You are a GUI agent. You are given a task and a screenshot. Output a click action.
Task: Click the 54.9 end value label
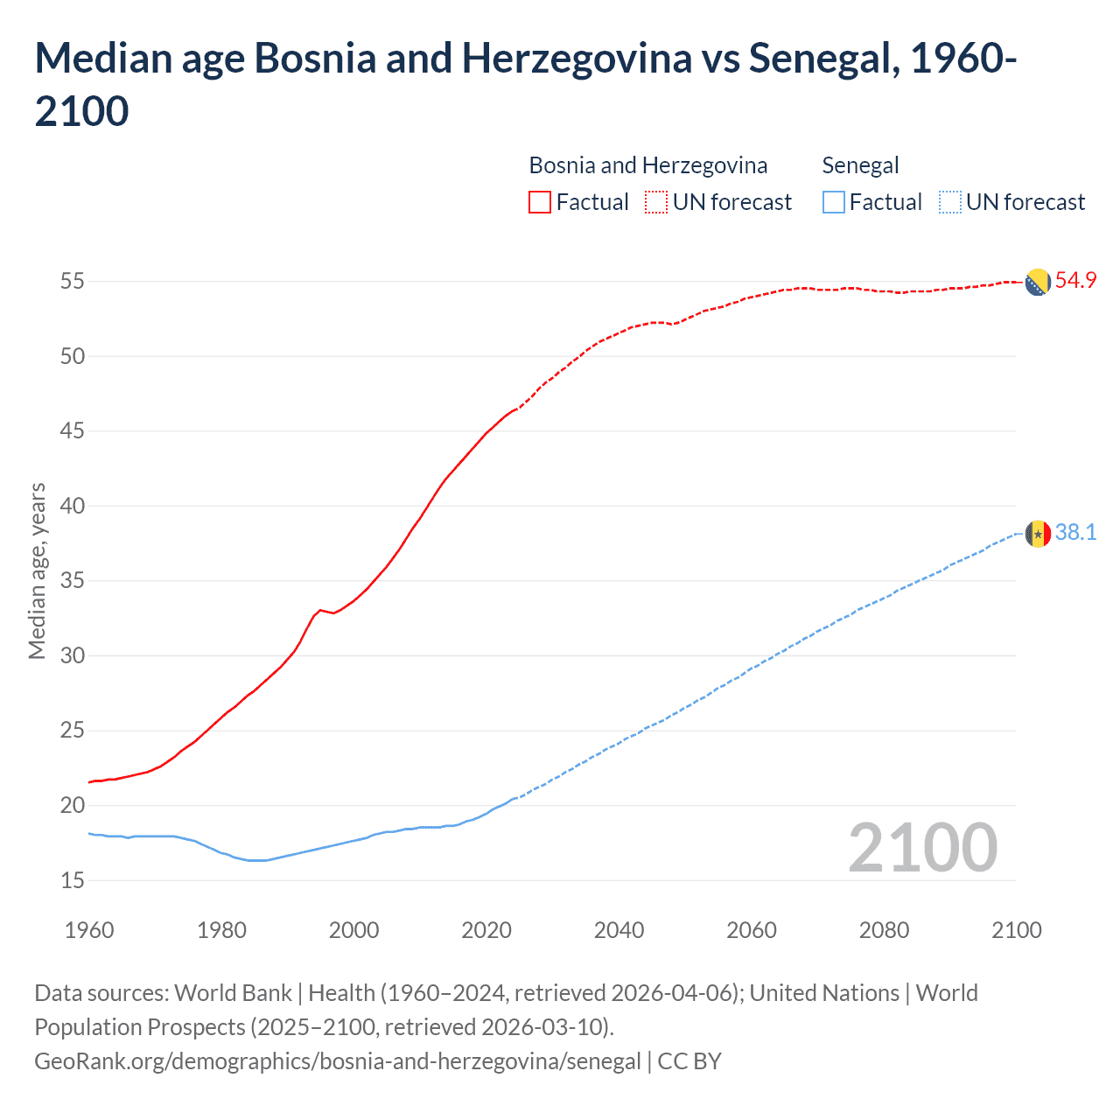click(x=1075, y=281)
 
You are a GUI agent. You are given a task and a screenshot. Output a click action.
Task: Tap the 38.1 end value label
click(x=1075, y=532)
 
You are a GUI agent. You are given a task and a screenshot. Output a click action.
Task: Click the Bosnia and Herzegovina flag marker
click(x=1037, y=283)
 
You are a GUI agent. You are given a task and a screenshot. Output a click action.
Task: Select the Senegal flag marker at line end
click(x=1037, y=533)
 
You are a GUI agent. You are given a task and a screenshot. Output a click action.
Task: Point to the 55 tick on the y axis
click(x=73, y=282)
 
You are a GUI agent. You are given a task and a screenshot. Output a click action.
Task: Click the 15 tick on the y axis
click(x=73, y=880)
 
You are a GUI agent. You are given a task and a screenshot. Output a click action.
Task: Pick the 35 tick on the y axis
click(x=73, y=581)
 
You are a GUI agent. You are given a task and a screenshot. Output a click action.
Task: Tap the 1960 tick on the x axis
click(x=89, y=930)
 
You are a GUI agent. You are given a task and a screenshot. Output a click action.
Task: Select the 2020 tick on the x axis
click(x=486, y=930)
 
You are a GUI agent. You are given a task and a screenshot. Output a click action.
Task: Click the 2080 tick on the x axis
click(x=884, y=930)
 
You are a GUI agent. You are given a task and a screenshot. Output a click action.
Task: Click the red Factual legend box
click(x=540, y=202)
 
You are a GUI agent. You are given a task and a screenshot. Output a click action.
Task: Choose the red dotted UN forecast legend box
click(x=656, y=202)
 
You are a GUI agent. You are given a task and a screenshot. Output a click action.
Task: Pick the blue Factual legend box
click(x=833, y=202)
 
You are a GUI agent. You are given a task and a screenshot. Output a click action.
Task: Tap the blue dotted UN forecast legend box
click(x=949, y=202)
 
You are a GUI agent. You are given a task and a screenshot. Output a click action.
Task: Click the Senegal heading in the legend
click(x=860, y=165)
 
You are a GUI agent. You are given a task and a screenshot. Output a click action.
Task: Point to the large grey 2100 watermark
click(x=922, y=848)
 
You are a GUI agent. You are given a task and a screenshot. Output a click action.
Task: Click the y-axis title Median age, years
click(x=37, y=570)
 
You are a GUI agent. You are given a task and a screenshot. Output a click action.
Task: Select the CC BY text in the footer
click(x=689, y=1061)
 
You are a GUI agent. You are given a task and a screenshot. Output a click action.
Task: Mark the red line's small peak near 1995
click(x=320, y=610)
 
